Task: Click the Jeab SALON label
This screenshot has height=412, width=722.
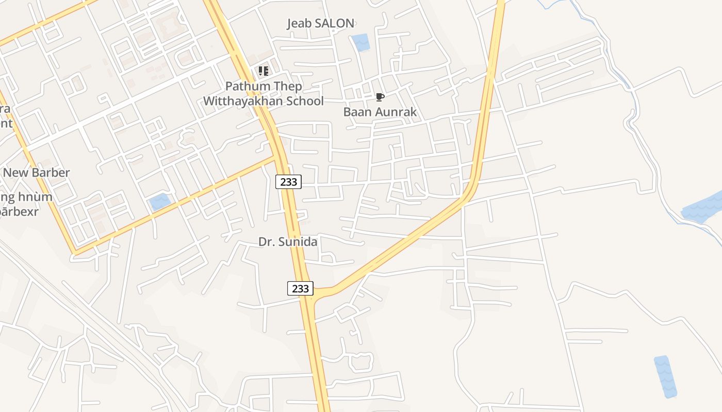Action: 320,23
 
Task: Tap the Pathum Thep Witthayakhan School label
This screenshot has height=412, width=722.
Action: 263,94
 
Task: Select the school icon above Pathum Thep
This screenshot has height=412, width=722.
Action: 263,71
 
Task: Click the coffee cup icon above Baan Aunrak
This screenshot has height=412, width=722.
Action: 380,97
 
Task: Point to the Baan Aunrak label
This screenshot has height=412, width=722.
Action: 380,112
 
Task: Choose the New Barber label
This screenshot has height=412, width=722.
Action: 36,173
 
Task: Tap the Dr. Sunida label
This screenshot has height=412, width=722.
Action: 287,242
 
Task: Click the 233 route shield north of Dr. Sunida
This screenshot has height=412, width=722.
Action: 288,181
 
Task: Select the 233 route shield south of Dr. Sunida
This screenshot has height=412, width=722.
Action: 300,288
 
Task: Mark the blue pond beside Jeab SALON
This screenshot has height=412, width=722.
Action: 360,42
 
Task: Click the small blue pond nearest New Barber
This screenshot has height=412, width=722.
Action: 160,201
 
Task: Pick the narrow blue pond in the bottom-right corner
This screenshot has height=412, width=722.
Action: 665,376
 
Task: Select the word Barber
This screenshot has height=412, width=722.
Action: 51,173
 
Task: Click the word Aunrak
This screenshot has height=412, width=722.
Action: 397,112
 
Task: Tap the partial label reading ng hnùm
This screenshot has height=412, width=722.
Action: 27,197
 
